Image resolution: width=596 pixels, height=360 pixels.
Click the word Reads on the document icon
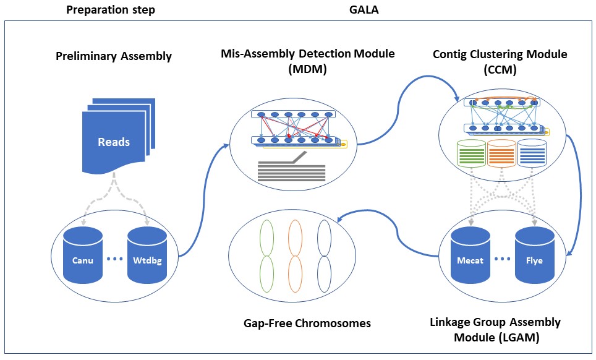click(x=114, y=142)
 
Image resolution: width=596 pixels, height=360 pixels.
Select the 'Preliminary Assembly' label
click(x=114, y=56)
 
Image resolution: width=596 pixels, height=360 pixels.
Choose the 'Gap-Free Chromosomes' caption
click(x=307, y=323)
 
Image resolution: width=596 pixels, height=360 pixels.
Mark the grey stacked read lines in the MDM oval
click(x=291, y=170)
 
